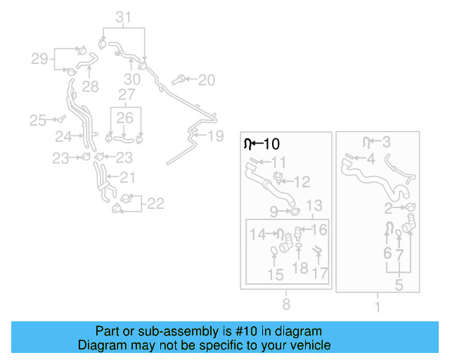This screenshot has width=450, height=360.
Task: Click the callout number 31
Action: tap(123, 17)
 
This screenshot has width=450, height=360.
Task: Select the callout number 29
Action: tap(39, 58)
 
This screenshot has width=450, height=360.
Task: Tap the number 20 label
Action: tap(206, 80)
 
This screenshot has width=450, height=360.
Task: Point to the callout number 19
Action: tap(215, 135)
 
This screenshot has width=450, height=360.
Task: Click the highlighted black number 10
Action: tap(271, 144)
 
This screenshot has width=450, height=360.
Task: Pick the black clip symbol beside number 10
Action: tap(247, 144)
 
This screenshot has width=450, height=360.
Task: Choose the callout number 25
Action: tap(37, 120)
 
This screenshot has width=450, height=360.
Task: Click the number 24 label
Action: tap(64, 136)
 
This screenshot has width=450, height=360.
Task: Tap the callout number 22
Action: tap(155, 204)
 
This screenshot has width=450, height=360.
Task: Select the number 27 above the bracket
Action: tap(127, 94)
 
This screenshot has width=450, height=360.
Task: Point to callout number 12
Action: tap(301, 182)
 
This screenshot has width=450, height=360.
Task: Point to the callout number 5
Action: tap(399, 285)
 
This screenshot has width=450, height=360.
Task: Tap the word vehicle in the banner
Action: tap(309, 345)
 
